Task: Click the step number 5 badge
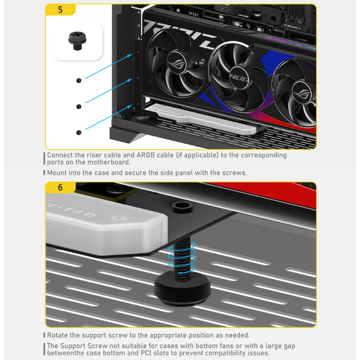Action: tap(60, 9)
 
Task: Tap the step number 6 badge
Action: tap(60, 187)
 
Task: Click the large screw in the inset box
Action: tap(77, 40)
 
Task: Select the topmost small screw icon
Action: tap(79, 80)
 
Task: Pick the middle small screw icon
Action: tap(79, 107)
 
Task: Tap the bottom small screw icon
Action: tap(79, 133)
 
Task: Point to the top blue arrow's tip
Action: tap(132, 54)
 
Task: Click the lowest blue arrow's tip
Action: tap(132, 106)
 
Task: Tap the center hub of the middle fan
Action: tap(239, 77)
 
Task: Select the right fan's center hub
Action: tap(302, 93)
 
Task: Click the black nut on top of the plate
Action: tap(182, 207)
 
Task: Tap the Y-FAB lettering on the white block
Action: tap(71, 210)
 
